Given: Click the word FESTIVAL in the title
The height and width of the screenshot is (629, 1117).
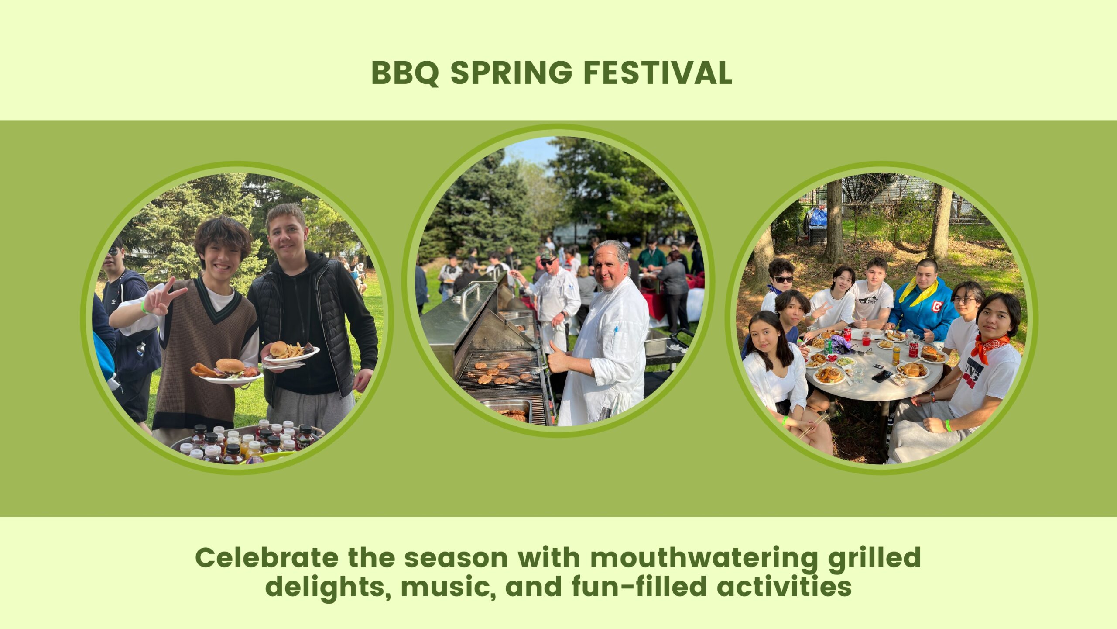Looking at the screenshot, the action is [x=658, y=73].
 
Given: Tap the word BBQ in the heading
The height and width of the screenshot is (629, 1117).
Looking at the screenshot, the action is [x=405, y=73].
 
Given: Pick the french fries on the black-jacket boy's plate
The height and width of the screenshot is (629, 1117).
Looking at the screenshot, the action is [x=295, y=351].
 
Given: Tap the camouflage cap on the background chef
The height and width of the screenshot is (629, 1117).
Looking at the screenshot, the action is [x=547, y=254].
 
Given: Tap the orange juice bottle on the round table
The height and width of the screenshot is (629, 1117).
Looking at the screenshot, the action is [x=896, y=356].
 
